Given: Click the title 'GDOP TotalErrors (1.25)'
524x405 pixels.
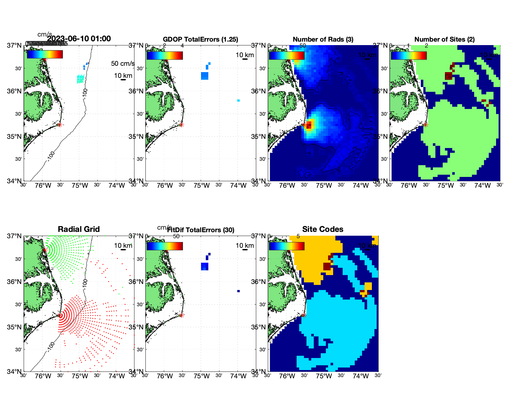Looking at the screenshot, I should coord(200,39).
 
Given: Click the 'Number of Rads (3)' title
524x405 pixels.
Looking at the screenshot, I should coord(323,39).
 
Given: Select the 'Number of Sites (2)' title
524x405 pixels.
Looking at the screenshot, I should coord(445,39).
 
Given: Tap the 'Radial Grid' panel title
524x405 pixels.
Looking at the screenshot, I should coord(79,229).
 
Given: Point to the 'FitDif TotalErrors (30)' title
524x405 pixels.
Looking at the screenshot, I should coord(201,230).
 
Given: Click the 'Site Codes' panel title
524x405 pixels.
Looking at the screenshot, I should coord(323,229).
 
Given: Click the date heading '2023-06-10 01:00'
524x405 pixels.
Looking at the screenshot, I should coord(79,39).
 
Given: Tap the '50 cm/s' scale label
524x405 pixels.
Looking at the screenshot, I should coord(123,64).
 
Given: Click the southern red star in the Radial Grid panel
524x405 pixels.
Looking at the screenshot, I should coord(60,315).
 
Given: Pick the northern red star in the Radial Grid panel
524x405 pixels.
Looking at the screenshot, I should coord(45,250).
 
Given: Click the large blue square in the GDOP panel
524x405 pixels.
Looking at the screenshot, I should coord(205,76).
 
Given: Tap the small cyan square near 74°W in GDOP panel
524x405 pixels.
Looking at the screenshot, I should coord(238,101).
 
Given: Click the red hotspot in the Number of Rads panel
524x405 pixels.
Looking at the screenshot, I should coord(309,125).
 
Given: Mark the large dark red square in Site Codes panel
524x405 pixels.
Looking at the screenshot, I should coord(327,267).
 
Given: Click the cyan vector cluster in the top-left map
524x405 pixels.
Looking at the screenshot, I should coord(80,78).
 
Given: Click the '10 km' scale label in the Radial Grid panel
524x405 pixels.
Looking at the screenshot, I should coord(123,246).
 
